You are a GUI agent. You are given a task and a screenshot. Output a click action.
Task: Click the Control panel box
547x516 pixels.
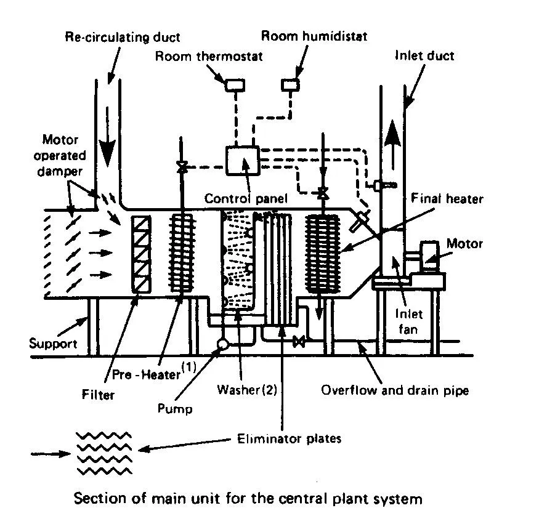242,162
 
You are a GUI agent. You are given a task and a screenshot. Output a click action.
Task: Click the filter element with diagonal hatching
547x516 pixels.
142,252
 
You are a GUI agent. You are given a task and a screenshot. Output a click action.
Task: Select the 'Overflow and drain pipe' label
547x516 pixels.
394,390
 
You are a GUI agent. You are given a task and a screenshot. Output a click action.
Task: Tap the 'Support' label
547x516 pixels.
53,343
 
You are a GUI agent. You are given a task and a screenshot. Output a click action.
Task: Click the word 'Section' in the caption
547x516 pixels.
96,498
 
